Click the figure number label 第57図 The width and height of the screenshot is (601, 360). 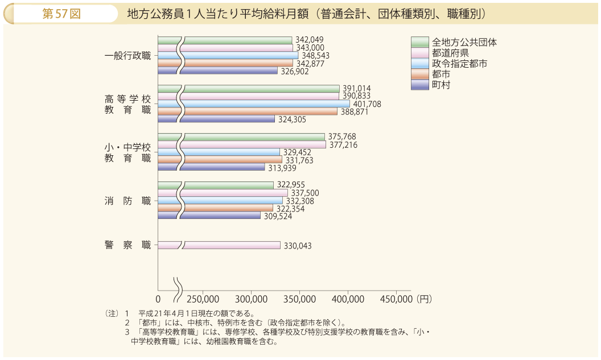[x=61, y=14]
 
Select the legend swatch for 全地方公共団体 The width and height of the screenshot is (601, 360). [x=419, y=42]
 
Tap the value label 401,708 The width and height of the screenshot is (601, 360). [x=367, y=104]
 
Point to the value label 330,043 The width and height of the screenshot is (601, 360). [x=297, y=246]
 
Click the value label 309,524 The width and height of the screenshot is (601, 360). [x=277, y=216]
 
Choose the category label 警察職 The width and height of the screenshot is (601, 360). [x=128, y=245]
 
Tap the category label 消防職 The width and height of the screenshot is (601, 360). [x=128, y=201]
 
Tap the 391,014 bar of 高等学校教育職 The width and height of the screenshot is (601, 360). [x=262, y=89]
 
